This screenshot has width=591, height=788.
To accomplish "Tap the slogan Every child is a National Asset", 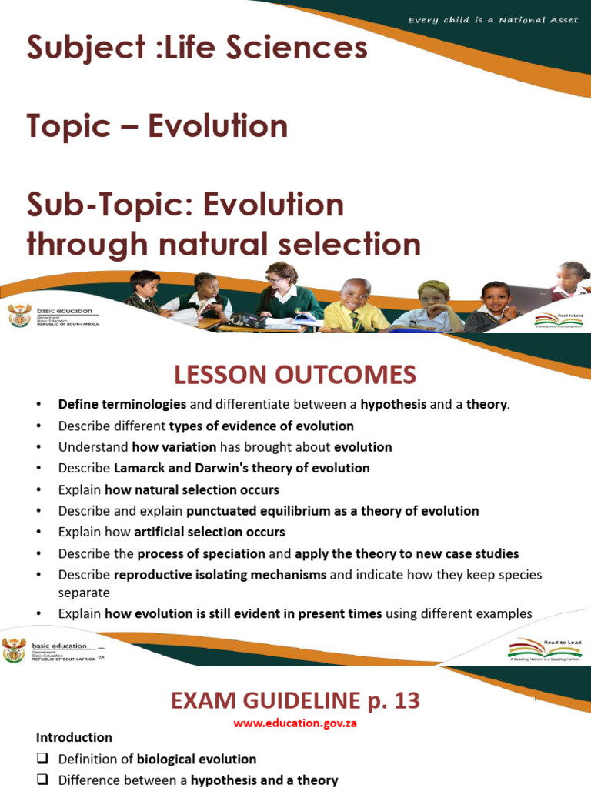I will click(x=492, y=19).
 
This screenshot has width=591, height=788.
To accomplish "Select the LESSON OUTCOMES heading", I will click(x=295, y=375).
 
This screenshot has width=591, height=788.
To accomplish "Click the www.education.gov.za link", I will click(x=295, y=723).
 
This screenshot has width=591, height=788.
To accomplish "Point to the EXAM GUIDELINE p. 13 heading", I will click(x=295, y=700).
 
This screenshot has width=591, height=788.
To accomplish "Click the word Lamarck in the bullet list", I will click(x=137, y=468).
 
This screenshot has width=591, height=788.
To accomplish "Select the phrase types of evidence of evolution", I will click(x=261, y=426).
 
